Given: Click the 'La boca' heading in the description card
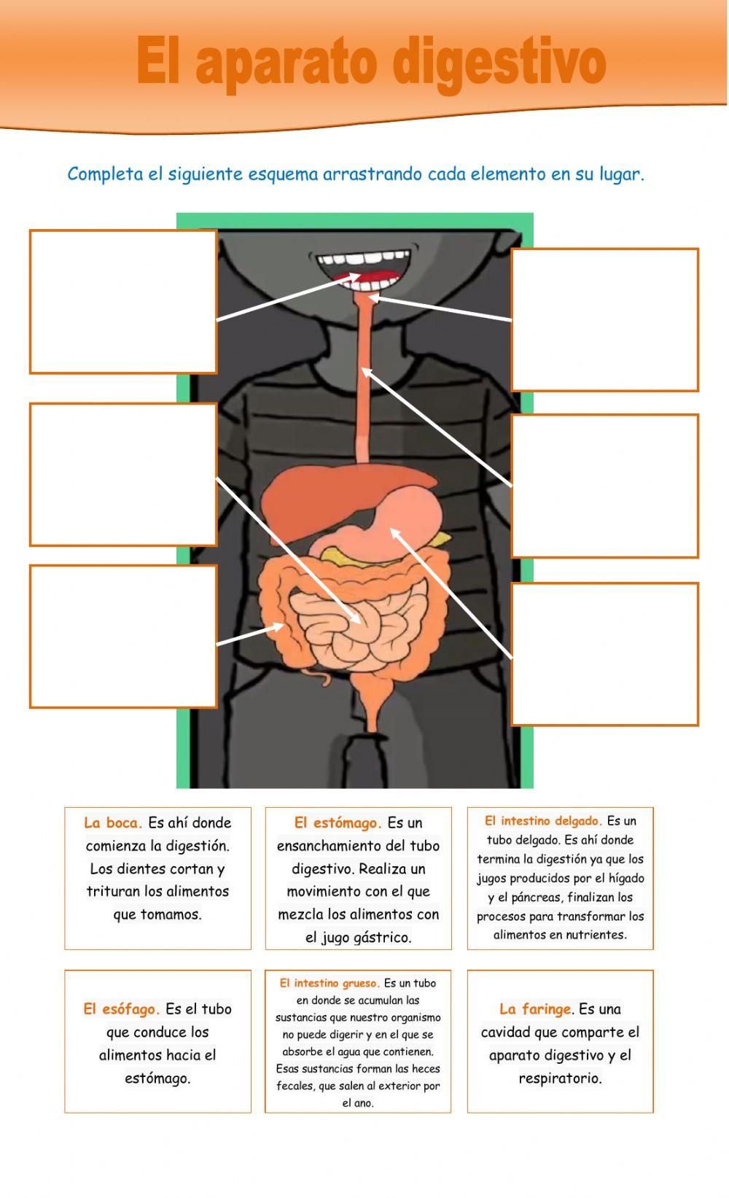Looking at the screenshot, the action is [113, 822].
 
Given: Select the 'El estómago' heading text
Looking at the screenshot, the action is [338, 822].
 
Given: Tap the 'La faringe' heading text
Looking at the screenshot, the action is [535, 1009].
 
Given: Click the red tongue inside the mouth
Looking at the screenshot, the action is [369, 278].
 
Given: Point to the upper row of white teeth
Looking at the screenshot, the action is [364, 258].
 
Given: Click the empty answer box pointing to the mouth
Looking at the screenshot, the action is [123, 302].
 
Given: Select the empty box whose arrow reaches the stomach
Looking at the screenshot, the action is [605, 654].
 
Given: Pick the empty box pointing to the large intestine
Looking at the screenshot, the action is [123, 637].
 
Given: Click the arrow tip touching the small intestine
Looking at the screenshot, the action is [360, 623].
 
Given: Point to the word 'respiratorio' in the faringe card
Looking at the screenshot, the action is [560, 1078].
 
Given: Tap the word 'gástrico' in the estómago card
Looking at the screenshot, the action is [384, 938].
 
